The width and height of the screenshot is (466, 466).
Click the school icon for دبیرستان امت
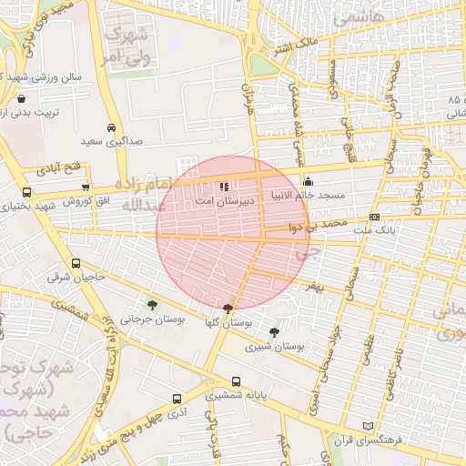tap(224, 187)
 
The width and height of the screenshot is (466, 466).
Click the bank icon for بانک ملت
tap(375, 218)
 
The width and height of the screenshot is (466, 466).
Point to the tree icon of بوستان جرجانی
tap(151, 305)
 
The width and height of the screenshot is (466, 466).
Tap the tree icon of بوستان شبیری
tap(275, 332)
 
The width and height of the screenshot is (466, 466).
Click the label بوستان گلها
tap(228, 323)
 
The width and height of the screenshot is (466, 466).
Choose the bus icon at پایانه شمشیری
tap(237, 382)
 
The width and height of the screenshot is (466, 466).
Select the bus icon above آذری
tap(177, 399)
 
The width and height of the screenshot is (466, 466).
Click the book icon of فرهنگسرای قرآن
tap(368, 426)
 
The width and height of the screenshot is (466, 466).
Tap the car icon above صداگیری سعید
tap(111, 128)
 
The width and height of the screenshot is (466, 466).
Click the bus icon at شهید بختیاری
tap(25, 193)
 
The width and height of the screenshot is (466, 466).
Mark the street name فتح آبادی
tap(59, 169)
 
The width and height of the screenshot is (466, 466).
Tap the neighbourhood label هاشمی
tap(360, 17)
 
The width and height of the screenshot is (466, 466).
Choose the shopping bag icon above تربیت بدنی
tap(21, 97)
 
